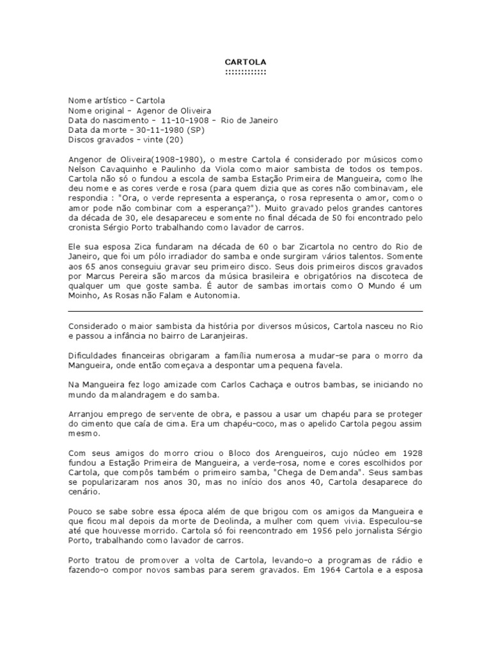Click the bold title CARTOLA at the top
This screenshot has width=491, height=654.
245,61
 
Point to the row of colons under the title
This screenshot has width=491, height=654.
245,72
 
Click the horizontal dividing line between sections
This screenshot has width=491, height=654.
245,311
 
